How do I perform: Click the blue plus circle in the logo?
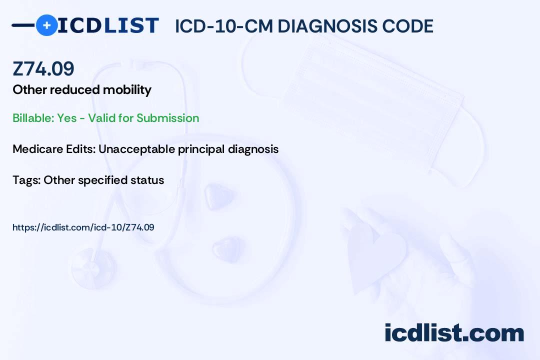(x=46, y=25)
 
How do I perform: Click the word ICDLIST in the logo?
(x=108, y=25)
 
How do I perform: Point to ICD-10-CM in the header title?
(x=224, y=26)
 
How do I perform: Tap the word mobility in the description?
(x=127, y=90)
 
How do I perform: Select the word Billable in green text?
(x=33, y=118)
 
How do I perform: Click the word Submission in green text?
(x=167, y=118)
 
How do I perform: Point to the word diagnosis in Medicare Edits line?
(x=253, y=149)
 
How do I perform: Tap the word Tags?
(x=26, y=180)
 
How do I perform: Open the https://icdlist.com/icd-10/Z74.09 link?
(x=83, y=227)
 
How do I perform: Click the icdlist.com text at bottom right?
(x=454, y=333)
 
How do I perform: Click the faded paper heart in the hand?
(x=375, y=255)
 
